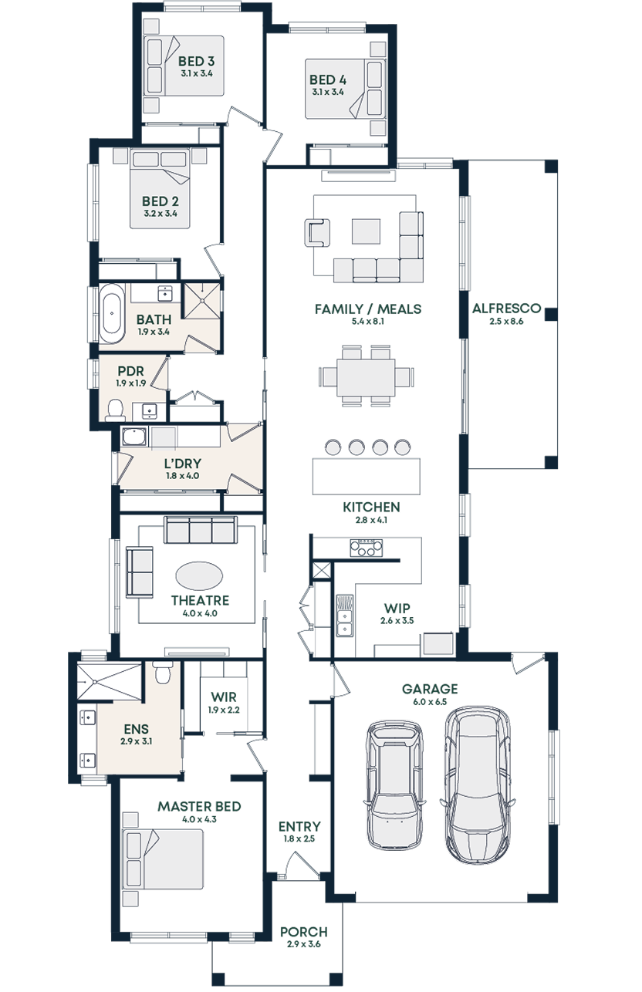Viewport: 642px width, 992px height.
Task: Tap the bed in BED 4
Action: (344, 89)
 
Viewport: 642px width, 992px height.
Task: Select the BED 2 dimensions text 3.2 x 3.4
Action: (160, 214)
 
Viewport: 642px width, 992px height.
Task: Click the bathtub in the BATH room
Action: (112, 314)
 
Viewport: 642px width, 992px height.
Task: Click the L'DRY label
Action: (182, 464)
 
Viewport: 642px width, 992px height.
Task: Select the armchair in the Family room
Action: (317, 231)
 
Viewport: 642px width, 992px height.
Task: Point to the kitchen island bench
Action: (367, 476)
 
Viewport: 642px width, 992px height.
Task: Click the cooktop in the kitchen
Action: (367, 548)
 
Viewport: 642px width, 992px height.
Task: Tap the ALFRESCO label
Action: (506, 309)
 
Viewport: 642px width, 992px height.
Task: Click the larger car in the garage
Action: (477, 784)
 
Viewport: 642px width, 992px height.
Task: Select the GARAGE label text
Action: (430, 689)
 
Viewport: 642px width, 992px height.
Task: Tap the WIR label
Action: (223, 697)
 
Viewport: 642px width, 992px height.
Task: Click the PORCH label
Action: (303, 932)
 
